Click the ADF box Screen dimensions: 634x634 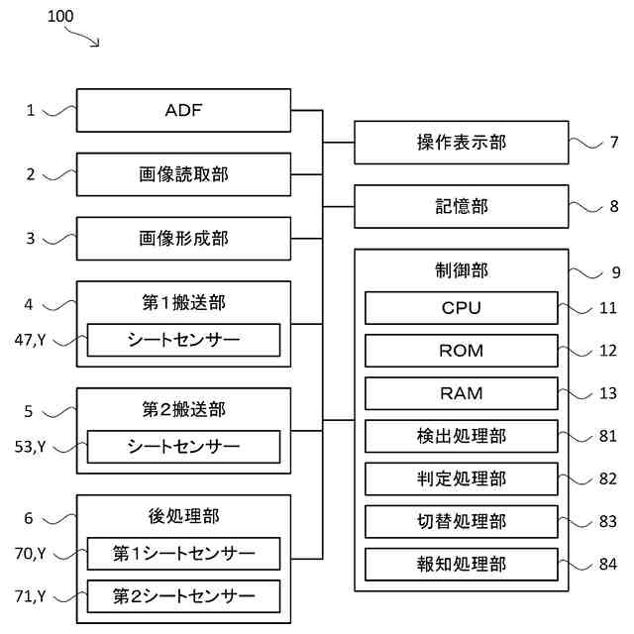183,110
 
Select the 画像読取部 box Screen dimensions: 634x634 183,174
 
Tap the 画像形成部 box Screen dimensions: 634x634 183,239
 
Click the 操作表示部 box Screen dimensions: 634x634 462,143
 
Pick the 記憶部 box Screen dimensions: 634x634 462,207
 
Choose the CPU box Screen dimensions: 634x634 462,308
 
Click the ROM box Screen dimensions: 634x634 462,351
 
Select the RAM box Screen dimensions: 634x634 462,393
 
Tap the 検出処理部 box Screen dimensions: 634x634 462,436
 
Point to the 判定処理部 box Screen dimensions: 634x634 462,479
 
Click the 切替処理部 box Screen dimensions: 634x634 462,522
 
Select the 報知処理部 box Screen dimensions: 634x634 462,565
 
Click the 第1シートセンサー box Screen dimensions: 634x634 183,554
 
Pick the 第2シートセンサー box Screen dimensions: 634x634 183,596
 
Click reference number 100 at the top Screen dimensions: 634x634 60,17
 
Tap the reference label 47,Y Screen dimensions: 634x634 31,340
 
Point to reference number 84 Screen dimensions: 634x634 608,564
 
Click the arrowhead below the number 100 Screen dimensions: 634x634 96,43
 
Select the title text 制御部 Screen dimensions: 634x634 462,270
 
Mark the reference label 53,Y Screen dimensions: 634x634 31,447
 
